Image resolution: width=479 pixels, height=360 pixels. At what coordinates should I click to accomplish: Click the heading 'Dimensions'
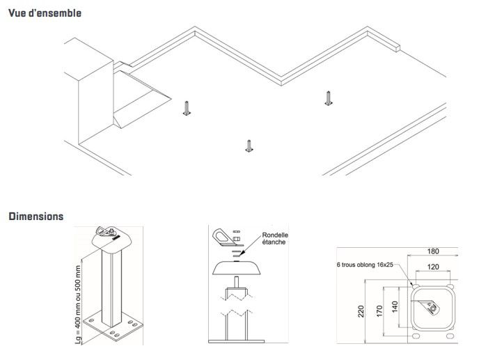(x=36, y=217)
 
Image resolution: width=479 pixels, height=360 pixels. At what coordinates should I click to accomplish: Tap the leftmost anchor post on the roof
(x=186, y=108)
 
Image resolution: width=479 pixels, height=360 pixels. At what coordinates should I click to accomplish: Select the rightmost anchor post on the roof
(x=327, y=98)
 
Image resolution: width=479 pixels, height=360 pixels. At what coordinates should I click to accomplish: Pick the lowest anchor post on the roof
(x=248, y=145)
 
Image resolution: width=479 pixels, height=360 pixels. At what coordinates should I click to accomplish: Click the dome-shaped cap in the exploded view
(x=237, y=268)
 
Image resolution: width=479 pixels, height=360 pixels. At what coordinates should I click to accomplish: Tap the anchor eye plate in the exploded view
(x=223, y=238)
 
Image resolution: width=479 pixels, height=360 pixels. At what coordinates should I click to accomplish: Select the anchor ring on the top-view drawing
(x=433, y=306)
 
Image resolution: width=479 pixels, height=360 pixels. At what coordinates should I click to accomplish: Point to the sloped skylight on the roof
(x=143, y=97)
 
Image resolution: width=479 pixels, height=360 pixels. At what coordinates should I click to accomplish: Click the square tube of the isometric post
(x=111, y=285)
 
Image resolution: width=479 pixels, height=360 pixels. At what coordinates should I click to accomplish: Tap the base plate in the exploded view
(x=237, y=340)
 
